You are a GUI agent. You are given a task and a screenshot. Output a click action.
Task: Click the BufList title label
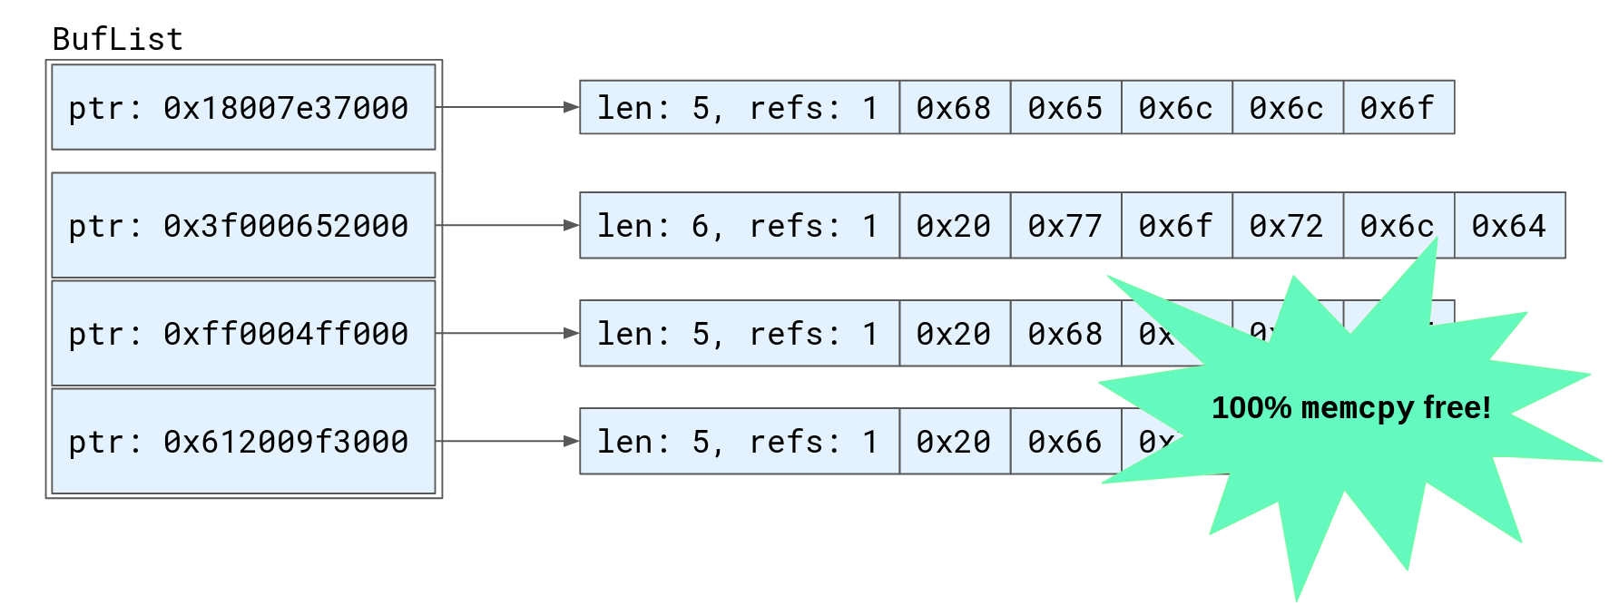117,39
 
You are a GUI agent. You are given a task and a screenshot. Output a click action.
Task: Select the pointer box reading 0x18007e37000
243,107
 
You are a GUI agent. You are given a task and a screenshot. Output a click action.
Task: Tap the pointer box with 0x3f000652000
243,225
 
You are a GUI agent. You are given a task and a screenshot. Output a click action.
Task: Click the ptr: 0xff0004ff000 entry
243,333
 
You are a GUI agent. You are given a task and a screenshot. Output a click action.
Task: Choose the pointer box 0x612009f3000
243,441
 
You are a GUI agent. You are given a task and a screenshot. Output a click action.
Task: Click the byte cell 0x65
1065,107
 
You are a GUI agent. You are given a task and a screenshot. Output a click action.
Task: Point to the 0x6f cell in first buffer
1398,107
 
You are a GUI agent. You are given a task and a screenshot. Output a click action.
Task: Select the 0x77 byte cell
1065,225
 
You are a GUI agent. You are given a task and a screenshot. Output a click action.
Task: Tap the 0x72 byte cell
1287,225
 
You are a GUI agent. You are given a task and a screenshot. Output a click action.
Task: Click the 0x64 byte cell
1509,225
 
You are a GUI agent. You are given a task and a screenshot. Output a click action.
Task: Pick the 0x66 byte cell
1065,441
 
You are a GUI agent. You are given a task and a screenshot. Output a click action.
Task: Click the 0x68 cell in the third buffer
1065,333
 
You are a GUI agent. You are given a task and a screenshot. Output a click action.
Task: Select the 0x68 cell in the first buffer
954,107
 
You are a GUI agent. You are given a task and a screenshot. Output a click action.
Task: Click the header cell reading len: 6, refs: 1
739,225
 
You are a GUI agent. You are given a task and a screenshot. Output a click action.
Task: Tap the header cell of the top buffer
739,107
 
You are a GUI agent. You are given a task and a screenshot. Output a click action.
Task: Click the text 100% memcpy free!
1350,408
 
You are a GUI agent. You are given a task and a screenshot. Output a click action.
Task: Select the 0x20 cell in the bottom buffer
954,441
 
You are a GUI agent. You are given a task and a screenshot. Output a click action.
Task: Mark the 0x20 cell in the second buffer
954,225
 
